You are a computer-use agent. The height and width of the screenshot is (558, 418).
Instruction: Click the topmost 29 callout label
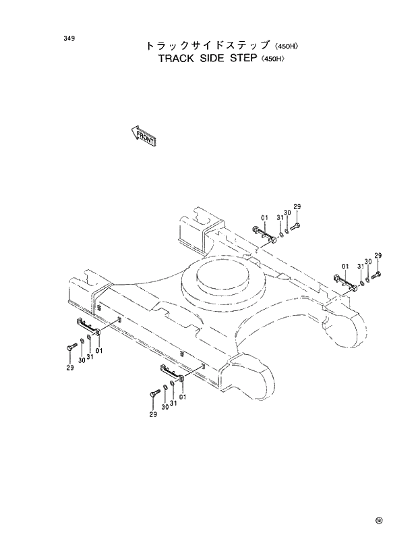pyautogui.click(x=297, y=206)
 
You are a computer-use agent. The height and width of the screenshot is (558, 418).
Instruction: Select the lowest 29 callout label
pyautogui.click(x=153, y=414)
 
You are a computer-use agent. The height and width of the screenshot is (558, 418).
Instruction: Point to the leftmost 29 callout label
pyautogui.click(x=69, y=367)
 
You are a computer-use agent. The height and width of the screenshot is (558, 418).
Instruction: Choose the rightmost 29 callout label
pyautogui.click(x=378, y=255)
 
